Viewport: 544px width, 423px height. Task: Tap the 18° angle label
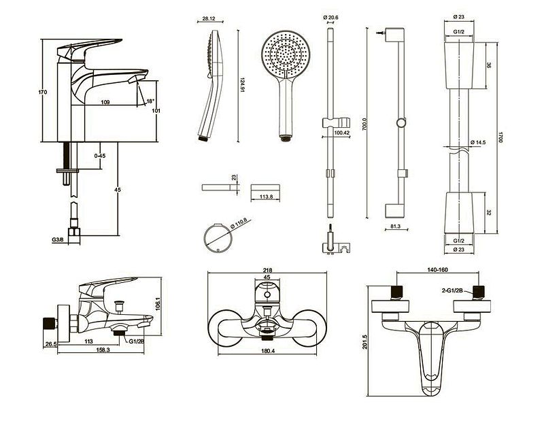[x=150, y=101]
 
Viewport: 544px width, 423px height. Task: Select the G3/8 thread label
[x=56, y=239]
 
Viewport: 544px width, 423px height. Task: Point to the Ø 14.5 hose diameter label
[x=479, y=142]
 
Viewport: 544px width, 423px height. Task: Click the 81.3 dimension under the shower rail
[x=396, y=226]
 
